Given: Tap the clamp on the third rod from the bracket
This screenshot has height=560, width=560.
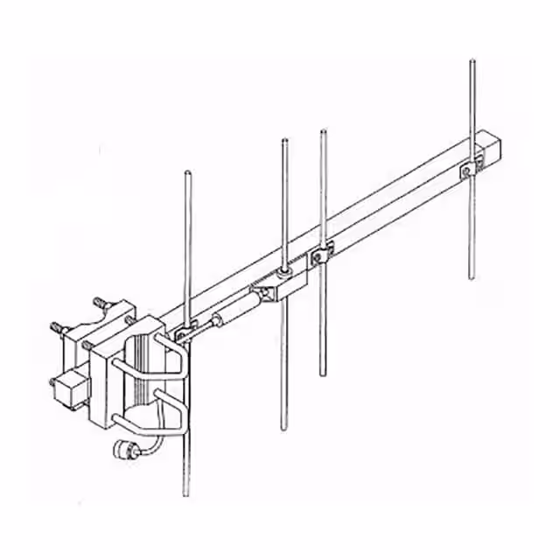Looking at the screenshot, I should coord(322,255).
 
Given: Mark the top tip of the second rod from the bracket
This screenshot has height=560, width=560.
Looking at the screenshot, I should coord(283,140).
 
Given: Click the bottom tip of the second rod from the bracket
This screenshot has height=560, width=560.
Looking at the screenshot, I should coord(283,430).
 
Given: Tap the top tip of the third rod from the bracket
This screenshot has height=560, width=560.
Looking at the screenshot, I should coord(324,132).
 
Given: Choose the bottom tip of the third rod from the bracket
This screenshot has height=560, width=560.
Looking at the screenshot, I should coord(323,374).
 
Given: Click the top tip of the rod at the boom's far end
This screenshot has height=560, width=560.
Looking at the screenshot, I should coord(472,60).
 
